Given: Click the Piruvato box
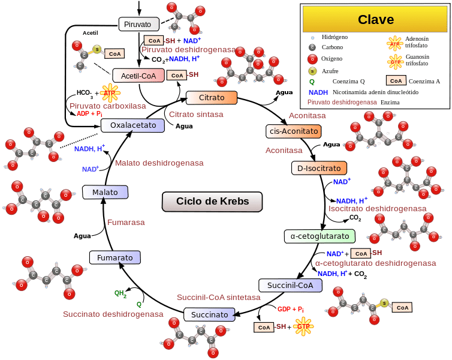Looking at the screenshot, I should coord(138,24).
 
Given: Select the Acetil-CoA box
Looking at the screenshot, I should coord(138,76).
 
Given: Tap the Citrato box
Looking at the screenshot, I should coord(212,97).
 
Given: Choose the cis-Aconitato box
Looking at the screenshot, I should coord(293,131).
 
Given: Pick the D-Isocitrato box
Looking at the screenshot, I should coord(319,169).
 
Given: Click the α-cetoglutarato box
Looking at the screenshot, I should coord(320,236).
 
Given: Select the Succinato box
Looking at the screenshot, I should coord(209,314).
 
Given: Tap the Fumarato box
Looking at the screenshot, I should coord(114,257).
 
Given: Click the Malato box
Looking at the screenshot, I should coord(105,192).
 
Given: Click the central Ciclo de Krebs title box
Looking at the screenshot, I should coord(212,201).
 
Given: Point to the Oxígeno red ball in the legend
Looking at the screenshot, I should coord(312,59).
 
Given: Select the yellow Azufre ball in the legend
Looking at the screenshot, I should coord(312,71).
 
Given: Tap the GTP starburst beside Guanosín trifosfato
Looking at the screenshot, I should coord(396,61).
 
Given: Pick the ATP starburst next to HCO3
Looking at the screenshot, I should coord(110,93).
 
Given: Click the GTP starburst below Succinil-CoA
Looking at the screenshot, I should coord(304,327).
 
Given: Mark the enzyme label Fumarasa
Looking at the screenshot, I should coord(126,223).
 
